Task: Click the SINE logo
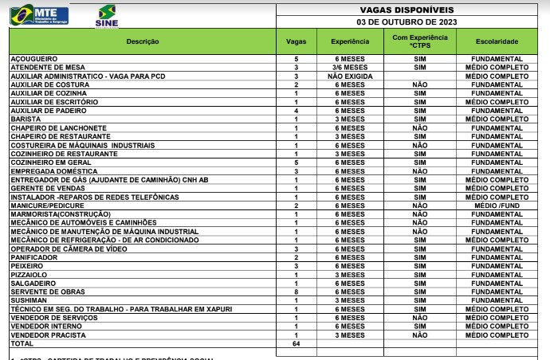point(106,16)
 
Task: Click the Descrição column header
point(143,41)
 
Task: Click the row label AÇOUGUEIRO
point(31,60)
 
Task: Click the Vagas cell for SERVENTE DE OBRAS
point(296,292)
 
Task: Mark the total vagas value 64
point(296,343)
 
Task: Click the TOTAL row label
point(22,343)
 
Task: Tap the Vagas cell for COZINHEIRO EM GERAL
point(296,162)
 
